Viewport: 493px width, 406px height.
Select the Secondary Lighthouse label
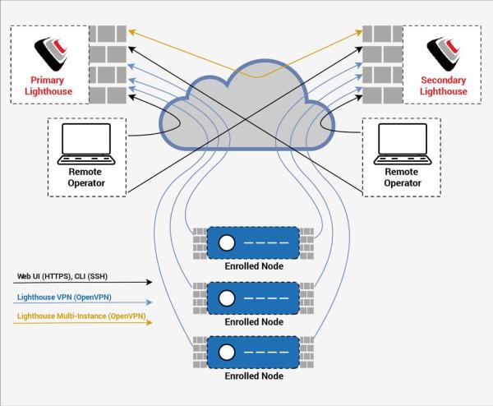pos(443,85)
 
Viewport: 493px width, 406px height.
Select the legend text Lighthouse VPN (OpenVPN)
pos(66,299)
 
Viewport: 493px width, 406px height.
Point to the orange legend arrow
pos(83,324)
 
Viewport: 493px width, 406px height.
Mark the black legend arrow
pos(83,284)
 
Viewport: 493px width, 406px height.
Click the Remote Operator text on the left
pos(85,178)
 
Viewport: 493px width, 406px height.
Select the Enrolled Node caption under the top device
pos(254,267)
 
